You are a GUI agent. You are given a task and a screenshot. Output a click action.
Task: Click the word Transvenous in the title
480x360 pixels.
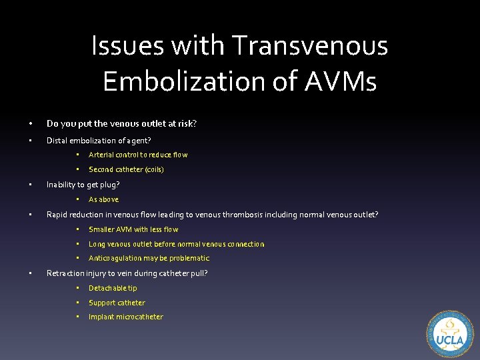click(310, 46)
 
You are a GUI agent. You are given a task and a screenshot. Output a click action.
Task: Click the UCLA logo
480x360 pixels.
click(449, 335)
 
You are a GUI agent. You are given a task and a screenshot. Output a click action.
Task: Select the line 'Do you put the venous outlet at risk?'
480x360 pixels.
click(121, 123)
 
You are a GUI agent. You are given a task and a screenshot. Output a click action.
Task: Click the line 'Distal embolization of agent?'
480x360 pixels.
click(99, 140)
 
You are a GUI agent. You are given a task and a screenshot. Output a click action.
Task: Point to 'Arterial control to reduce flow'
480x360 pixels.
click(138, 155)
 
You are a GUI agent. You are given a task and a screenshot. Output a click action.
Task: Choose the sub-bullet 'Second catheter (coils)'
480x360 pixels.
click(126, 169)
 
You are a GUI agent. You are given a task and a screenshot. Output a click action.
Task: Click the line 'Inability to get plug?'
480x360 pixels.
click(83, 185)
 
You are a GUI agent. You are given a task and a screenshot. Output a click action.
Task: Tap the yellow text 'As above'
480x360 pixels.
click(103, 199)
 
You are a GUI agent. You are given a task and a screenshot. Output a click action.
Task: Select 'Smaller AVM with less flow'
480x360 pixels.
click(133, 229)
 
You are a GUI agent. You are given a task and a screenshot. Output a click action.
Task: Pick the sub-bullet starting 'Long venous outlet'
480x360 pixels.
click(176, 244)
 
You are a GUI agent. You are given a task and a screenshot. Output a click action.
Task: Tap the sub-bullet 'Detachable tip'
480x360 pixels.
click(113, 288)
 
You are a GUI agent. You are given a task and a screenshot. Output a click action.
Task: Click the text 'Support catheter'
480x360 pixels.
click(117, 303)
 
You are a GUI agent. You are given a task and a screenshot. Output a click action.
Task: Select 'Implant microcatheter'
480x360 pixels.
click(125, 317)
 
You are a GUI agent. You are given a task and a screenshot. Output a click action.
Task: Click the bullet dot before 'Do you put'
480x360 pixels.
click(31, 123)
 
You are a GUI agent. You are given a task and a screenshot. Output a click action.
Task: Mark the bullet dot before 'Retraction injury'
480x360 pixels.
click(31, 273)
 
